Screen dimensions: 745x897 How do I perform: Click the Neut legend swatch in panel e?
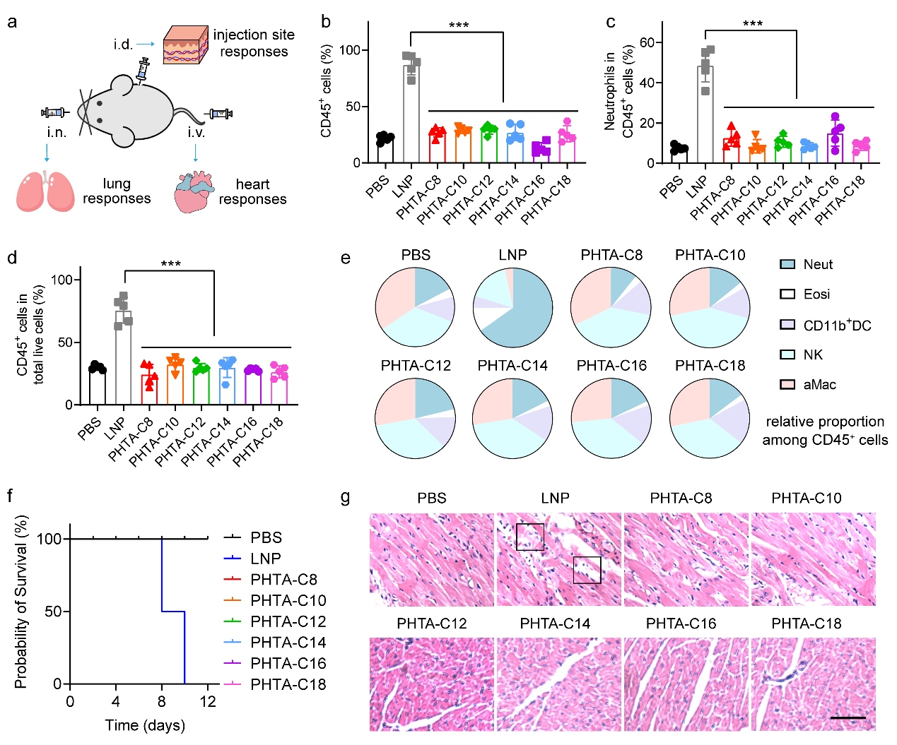point(787,264)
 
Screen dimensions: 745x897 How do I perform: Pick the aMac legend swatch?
point(787,384)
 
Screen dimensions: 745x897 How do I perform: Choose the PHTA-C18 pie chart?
point(710,418)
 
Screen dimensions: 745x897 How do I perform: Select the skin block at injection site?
point(185,45)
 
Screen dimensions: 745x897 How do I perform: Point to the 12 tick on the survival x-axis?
point(208,701)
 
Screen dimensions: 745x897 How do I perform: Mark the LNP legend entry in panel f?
point(265,559)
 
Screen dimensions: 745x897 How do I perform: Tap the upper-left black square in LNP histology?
point(530,537)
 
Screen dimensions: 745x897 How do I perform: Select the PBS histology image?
point(431,559)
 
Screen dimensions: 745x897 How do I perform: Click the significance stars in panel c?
point(752,24)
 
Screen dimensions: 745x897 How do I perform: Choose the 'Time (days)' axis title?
point(145,725)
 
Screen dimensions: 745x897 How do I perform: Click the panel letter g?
point(345,497)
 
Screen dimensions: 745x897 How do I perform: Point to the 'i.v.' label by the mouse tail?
point(196,132)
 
